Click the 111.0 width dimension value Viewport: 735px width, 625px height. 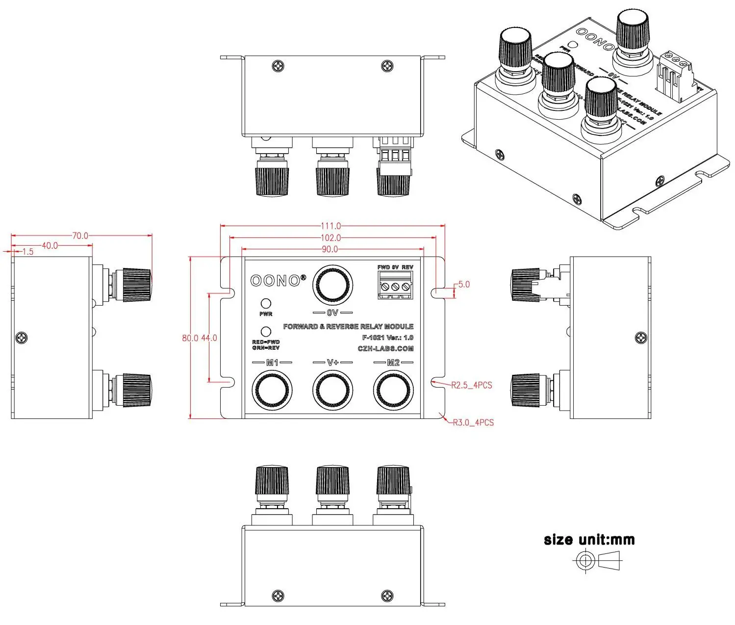[x=330, y=226]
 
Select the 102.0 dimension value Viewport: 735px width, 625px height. [x=330, y=237]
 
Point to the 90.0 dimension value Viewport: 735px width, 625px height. [x=329, y=249]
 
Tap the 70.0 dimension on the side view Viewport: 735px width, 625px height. [x=80, y=235]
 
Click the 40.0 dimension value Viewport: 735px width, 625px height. [x=50, y=245]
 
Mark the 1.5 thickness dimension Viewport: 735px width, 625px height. [x=28, y=252]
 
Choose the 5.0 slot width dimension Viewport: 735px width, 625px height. [x=463, y=285]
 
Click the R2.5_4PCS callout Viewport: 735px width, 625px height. [x=471, y=385]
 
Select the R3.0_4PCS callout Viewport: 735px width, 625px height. [x=473, y=422]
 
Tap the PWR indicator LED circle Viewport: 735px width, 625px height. [x=266, y=304]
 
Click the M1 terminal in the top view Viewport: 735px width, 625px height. [x=272, y=391]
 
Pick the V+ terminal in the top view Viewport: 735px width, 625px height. [x=332, y=391]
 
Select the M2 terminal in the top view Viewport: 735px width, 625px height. [x=393, y=391]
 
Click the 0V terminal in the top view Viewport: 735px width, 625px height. [x=332, y=285]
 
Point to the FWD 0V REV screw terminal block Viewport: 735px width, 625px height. [x=395, y=285]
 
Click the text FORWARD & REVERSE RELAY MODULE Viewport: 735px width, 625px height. [x=348, y=326]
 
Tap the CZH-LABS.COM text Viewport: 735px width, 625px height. [x=385, y=349]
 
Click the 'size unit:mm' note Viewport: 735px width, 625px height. [x=589, y=540]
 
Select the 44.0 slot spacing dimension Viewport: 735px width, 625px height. [x=209, y=338]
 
